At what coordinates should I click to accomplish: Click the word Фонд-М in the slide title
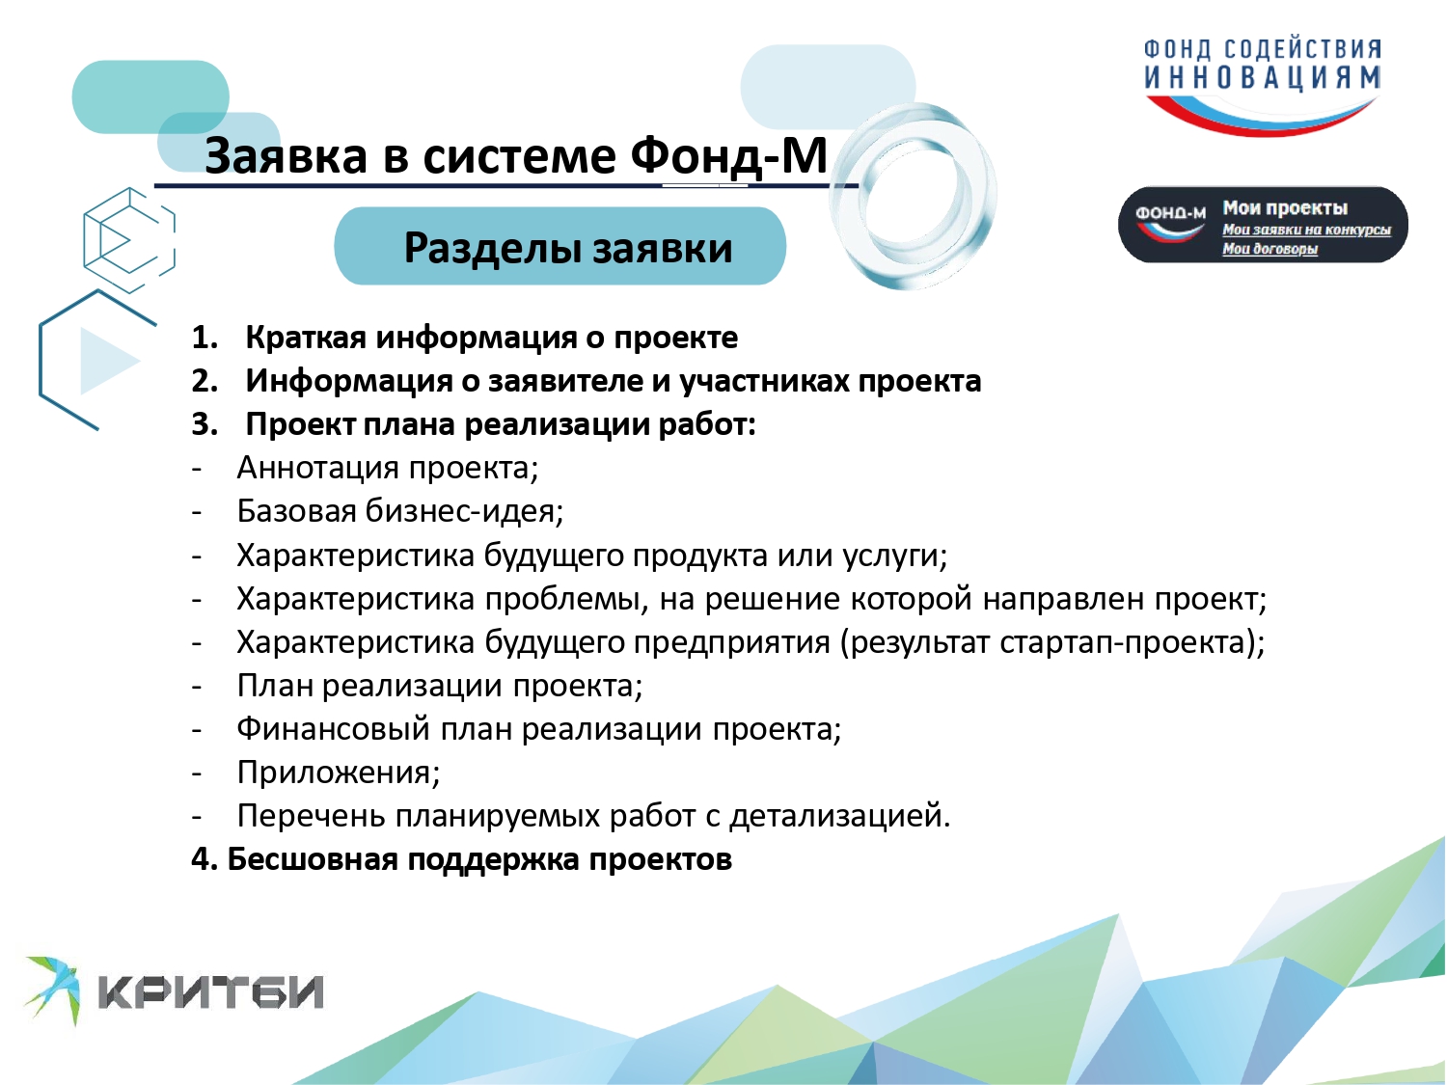728,156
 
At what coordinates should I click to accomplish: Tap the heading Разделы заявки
567,248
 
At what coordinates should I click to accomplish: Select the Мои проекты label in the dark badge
1285,208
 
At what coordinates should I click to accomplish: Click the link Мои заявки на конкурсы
1306,230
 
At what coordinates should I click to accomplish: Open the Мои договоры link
1270,249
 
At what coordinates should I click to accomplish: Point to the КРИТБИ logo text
211,991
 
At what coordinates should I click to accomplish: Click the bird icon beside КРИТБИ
53,990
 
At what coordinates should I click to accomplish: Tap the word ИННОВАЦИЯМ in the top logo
1262,78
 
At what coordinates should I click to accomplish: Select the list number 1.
205,338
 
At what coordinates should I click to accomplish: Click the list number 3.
205,425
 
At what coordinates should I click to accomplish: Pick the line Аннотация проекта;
388,469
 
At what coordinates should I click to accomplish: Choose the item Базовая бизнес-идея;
400,511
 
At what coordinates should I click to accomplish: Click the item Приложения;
339,773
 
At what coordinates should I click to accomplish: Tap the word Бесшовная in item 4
313,859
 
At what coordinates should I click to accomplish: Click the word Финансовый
334,729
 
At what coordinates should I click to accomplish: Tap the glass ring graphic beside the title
914,196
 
